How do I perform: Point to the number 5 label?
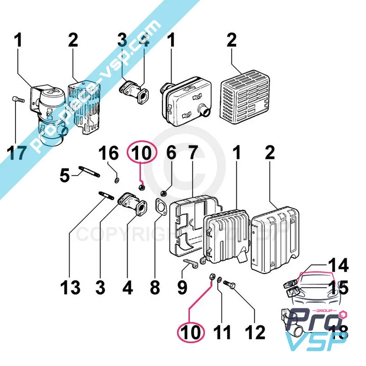pyautogui.click(x=65, y=174)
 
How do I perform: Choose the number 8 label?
pyautogui.click(x=155, y=287)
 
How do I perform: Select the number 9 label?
pyautogui.click(x=182, y=287)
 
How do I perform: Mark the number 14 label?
pyautogui.click(x=338, y=266)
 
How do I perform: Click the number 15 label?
pyautogui.click(x=338, y=288)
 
